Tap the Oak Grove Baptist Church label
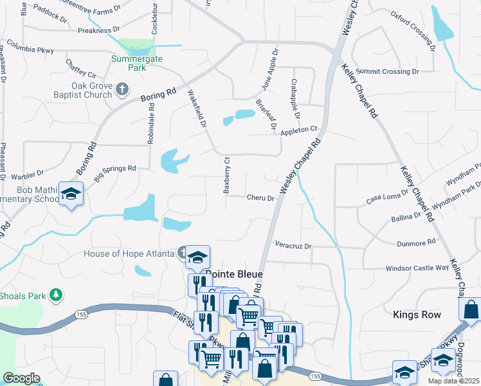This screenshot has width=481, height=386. pyautogui.click(x=83, y=90)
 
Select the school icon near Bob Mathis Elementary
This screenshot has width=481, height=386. pyautogui.click(x=70, y=193)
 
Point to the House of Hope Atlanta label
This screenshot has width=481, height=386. pyautogui.click(x=129, y=253)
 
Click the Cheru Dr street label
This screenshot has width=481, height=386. pyautogui.click(x=260, y=198)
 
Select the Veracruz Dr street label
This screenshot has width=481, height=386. pyautogui.click(x=293, y=246)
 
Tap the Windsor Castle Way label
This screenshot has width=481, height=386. pyautogui.click(x=417, y=268)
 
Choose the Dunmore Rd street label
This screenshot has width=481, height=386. pyautogui.click(x=417, y=243)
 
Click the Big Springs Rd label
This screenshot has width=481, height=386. pyautogui.click(x=115, y=172)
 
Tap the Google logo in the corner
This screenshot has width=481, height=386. pyautogui.click(x=21, y=379)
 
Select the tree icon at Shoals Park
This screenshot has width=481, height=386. pyautogui.click(x=57, y=295)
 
